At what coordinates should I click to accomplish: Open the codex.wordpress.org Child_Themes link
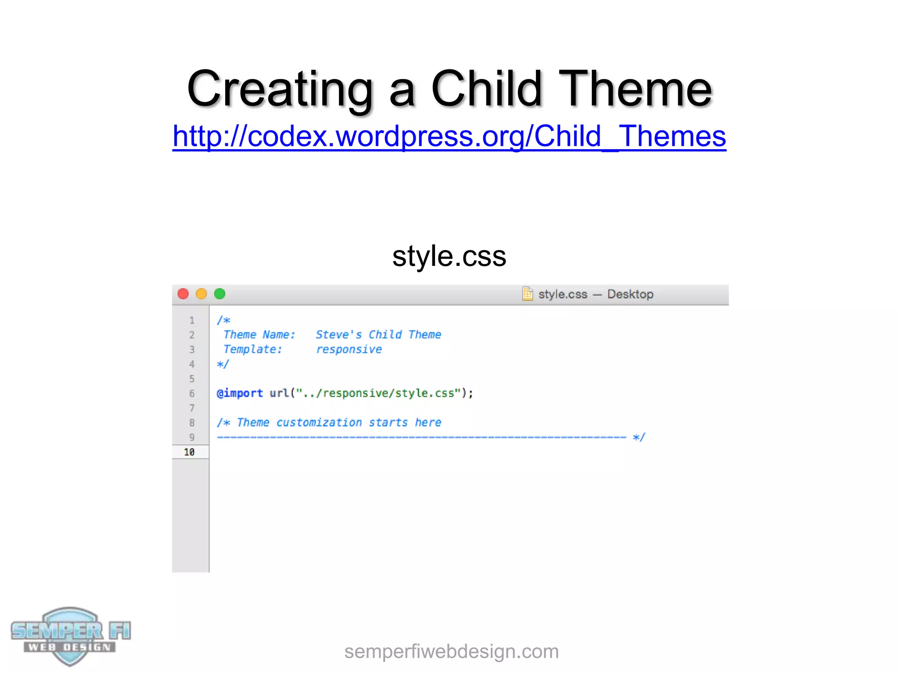[449, 136]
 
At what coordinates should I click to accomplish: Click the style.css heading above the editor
[449, 256]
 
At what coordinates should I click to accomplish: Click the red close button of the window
[183, 294]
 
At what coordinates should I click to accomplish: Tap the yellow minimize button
[201, 294]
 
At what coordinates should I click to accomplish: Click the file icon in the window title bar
[528, 294]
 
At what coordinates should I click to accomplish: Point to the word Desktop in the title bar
[630, 294]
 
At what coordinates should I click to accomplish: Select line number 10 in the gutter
[189, 452]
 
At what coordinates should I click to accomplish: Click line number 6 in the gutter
[192, 394]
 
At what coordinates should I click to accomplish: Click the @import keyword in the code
[240, 393]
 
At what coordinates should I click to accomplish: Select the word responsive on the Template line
[349, 350]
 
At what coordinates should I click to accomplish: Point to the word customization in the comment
[319, 423]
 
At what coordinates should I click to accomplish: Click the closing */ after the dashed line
[639, 437]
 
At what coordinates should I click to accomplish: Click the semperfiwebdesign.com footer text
[451, 652]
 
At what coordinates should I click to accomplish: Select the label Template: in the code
[253, 350]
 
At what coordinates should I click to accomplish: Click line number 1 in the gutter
[192, 320]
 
